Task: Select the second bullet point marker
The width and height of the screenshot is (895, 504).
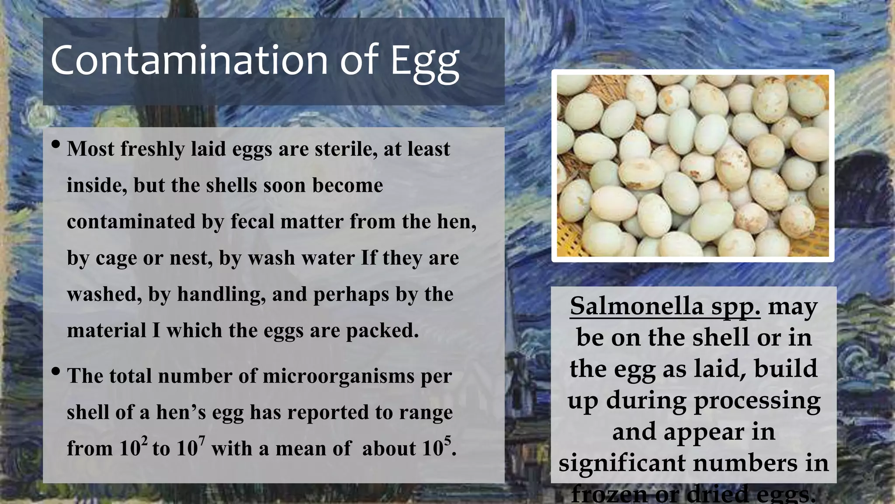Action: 56,371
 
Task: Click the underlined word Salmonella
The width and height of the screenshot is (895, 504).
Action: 636,306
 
